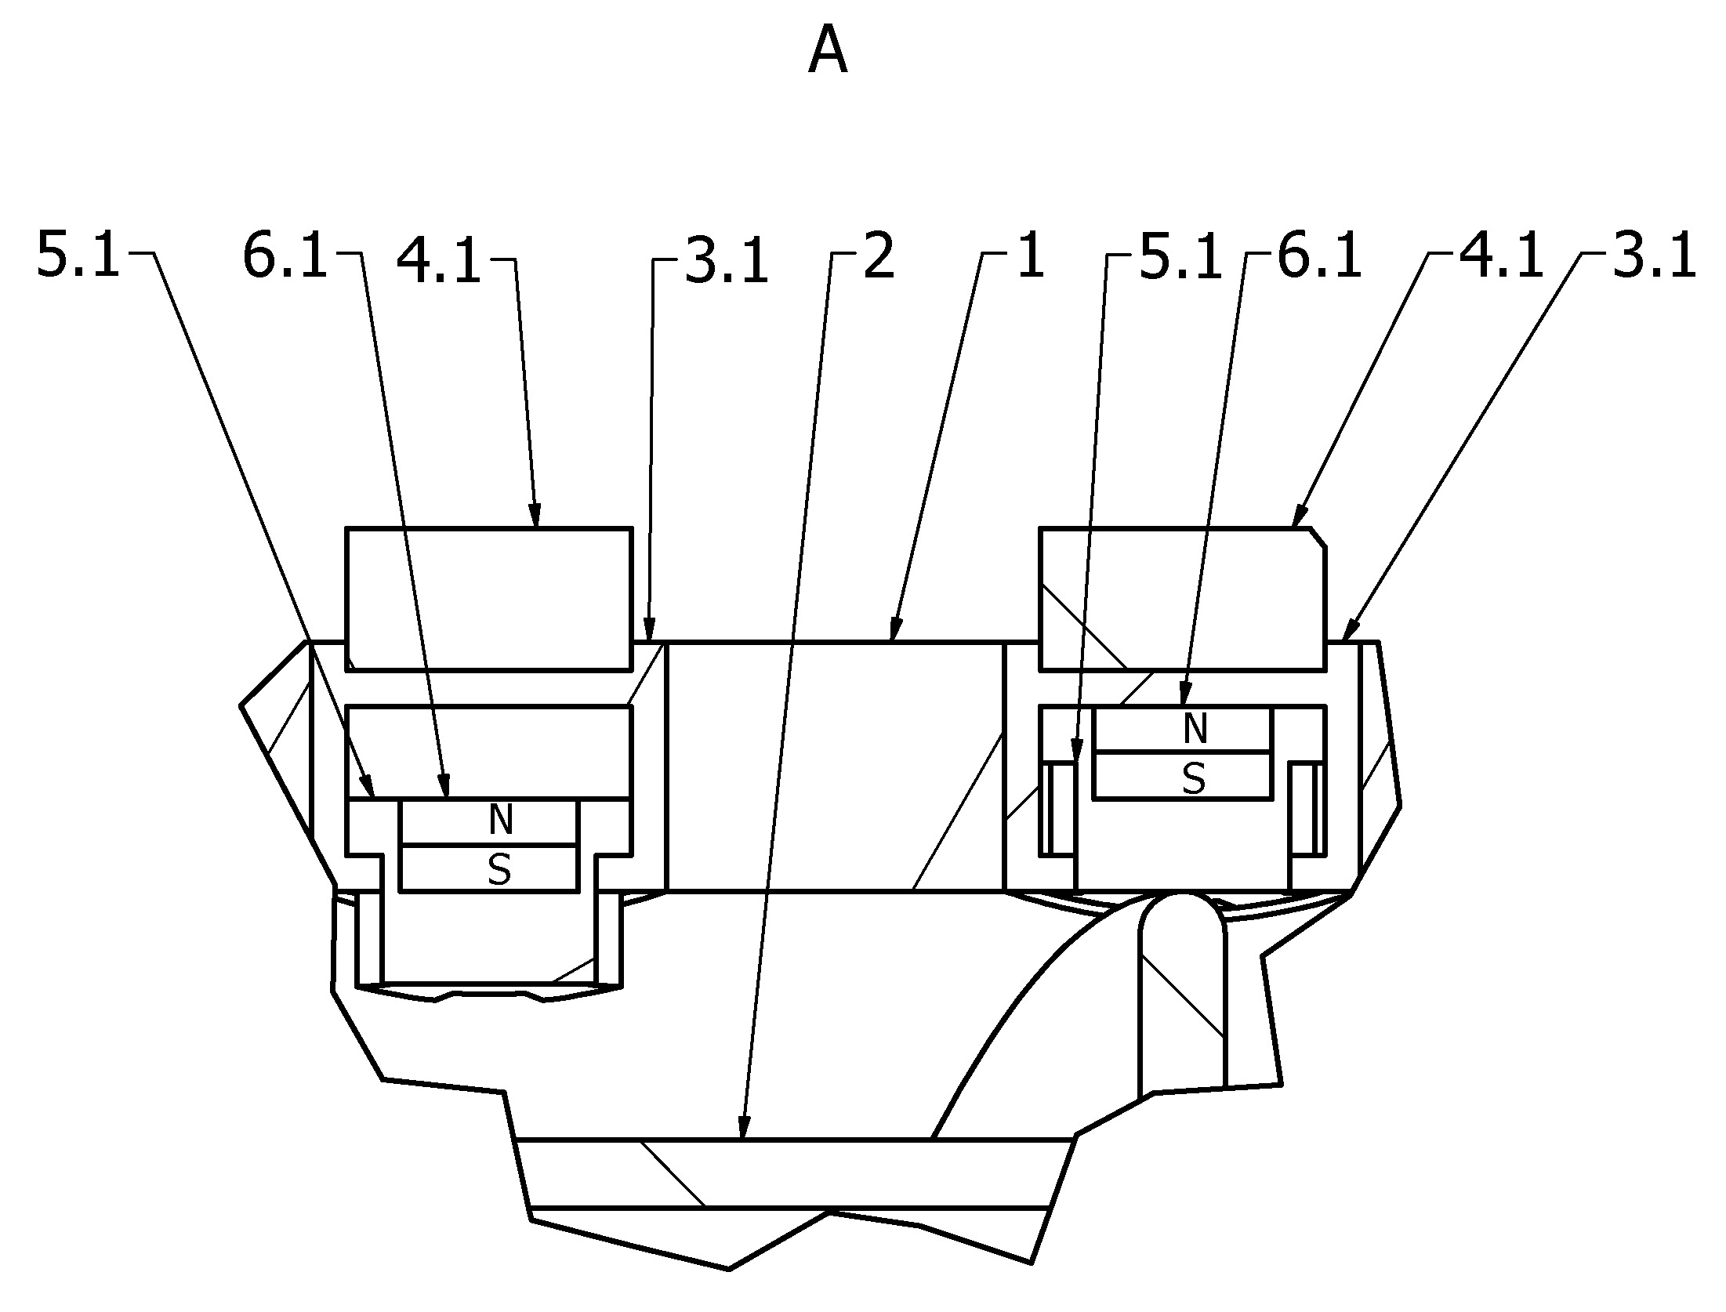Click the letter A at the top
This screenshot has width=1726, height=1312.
pos(828,50)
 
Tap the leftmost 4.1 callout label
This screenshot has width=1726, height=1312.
pos(438,260)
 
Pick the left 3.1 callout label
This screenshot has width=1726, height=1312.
pos(726,260)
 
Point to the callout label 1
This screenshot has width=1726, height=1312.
pos(1030,256)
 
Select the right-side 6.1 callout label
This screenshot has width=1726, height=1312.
pos(1320,256)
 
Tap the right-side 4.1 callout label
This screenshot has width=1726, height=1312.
pos(1501,256)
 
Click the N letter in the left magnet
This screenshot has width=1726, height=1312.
pos(501,820)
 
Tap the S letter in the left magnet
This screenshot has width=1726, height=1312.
pos(499,868)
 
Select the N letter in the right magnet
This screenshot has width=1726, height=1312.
pos(1195,729)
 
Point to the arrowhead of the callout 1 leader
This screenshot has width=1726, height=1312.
pos(895,629)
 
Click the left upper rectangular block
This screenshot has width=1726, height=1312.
pos(488,600)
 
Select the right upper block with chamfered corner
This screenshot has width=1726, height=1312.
pos(1183,600)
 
